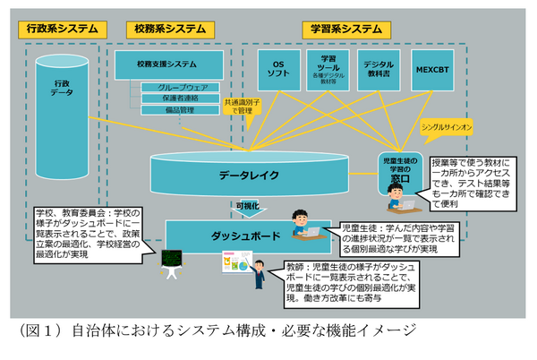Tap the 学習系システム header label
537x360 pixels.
[344, 28]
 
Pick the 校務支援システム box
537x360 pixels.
[167, 64]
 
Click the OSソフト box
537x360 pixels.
[277, 70]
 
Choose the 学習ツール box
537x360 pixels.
[327, 70]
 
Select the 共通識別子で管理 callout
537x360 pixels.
[244, 107]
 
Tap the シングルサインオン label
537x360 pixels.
[446, 128]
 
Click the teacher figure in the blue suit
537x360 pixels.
[259, 275]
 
